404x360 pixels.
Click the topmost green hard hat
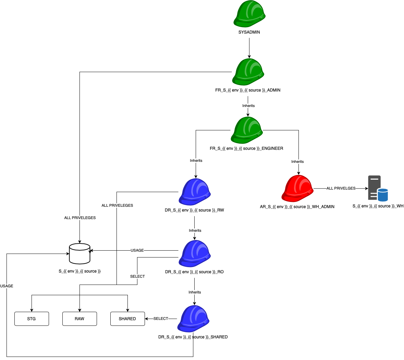point(249,14)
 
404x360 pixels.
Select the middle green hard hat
point(248,72)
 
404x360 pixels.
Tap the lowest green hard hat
point(247,130)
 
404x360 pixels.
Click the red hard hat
point(297,189)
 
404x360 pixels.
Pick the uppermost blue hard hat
point(195,192)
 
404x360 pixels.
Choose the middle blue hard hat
point(195,254)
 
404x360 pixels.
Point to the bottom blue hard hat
point(193,319)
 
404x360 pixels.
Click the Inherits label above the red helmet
point(297,161)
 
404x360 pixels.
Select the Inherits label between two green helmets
point(248,106)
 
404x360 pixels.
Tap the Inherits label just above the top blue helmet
point(196,160)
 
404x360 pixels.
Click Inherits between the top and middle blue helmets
point(195,230)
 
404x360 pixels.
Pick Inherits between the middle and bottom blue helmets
point(195,292)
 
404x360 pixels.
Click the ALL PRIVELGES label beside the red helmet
point(341,188)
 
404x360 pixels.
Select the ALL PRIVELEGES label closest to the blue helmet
point(117,205)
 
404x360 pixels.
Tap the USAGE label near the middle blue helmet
point(137,250)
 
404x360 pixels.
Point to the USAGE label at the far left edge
point(7,286)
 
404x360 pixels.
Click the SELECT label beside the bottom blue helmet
point(161,319)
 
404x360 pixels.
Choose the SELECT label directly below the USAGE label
point(137,276)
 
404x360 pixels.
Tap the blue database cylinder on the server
point(383,195)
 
